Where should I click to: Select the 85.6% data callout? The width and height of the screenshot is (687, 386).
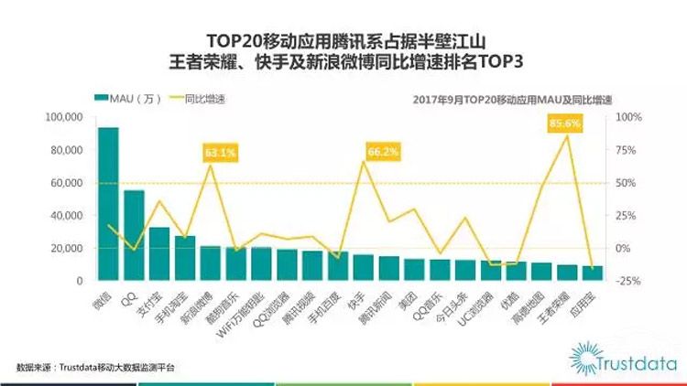(565, 123)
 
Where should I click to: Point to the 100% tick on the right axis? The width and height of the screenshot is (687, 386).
(631, 117)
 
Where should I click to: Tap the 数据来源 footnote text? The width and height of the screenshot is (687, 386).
(95, 367)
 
